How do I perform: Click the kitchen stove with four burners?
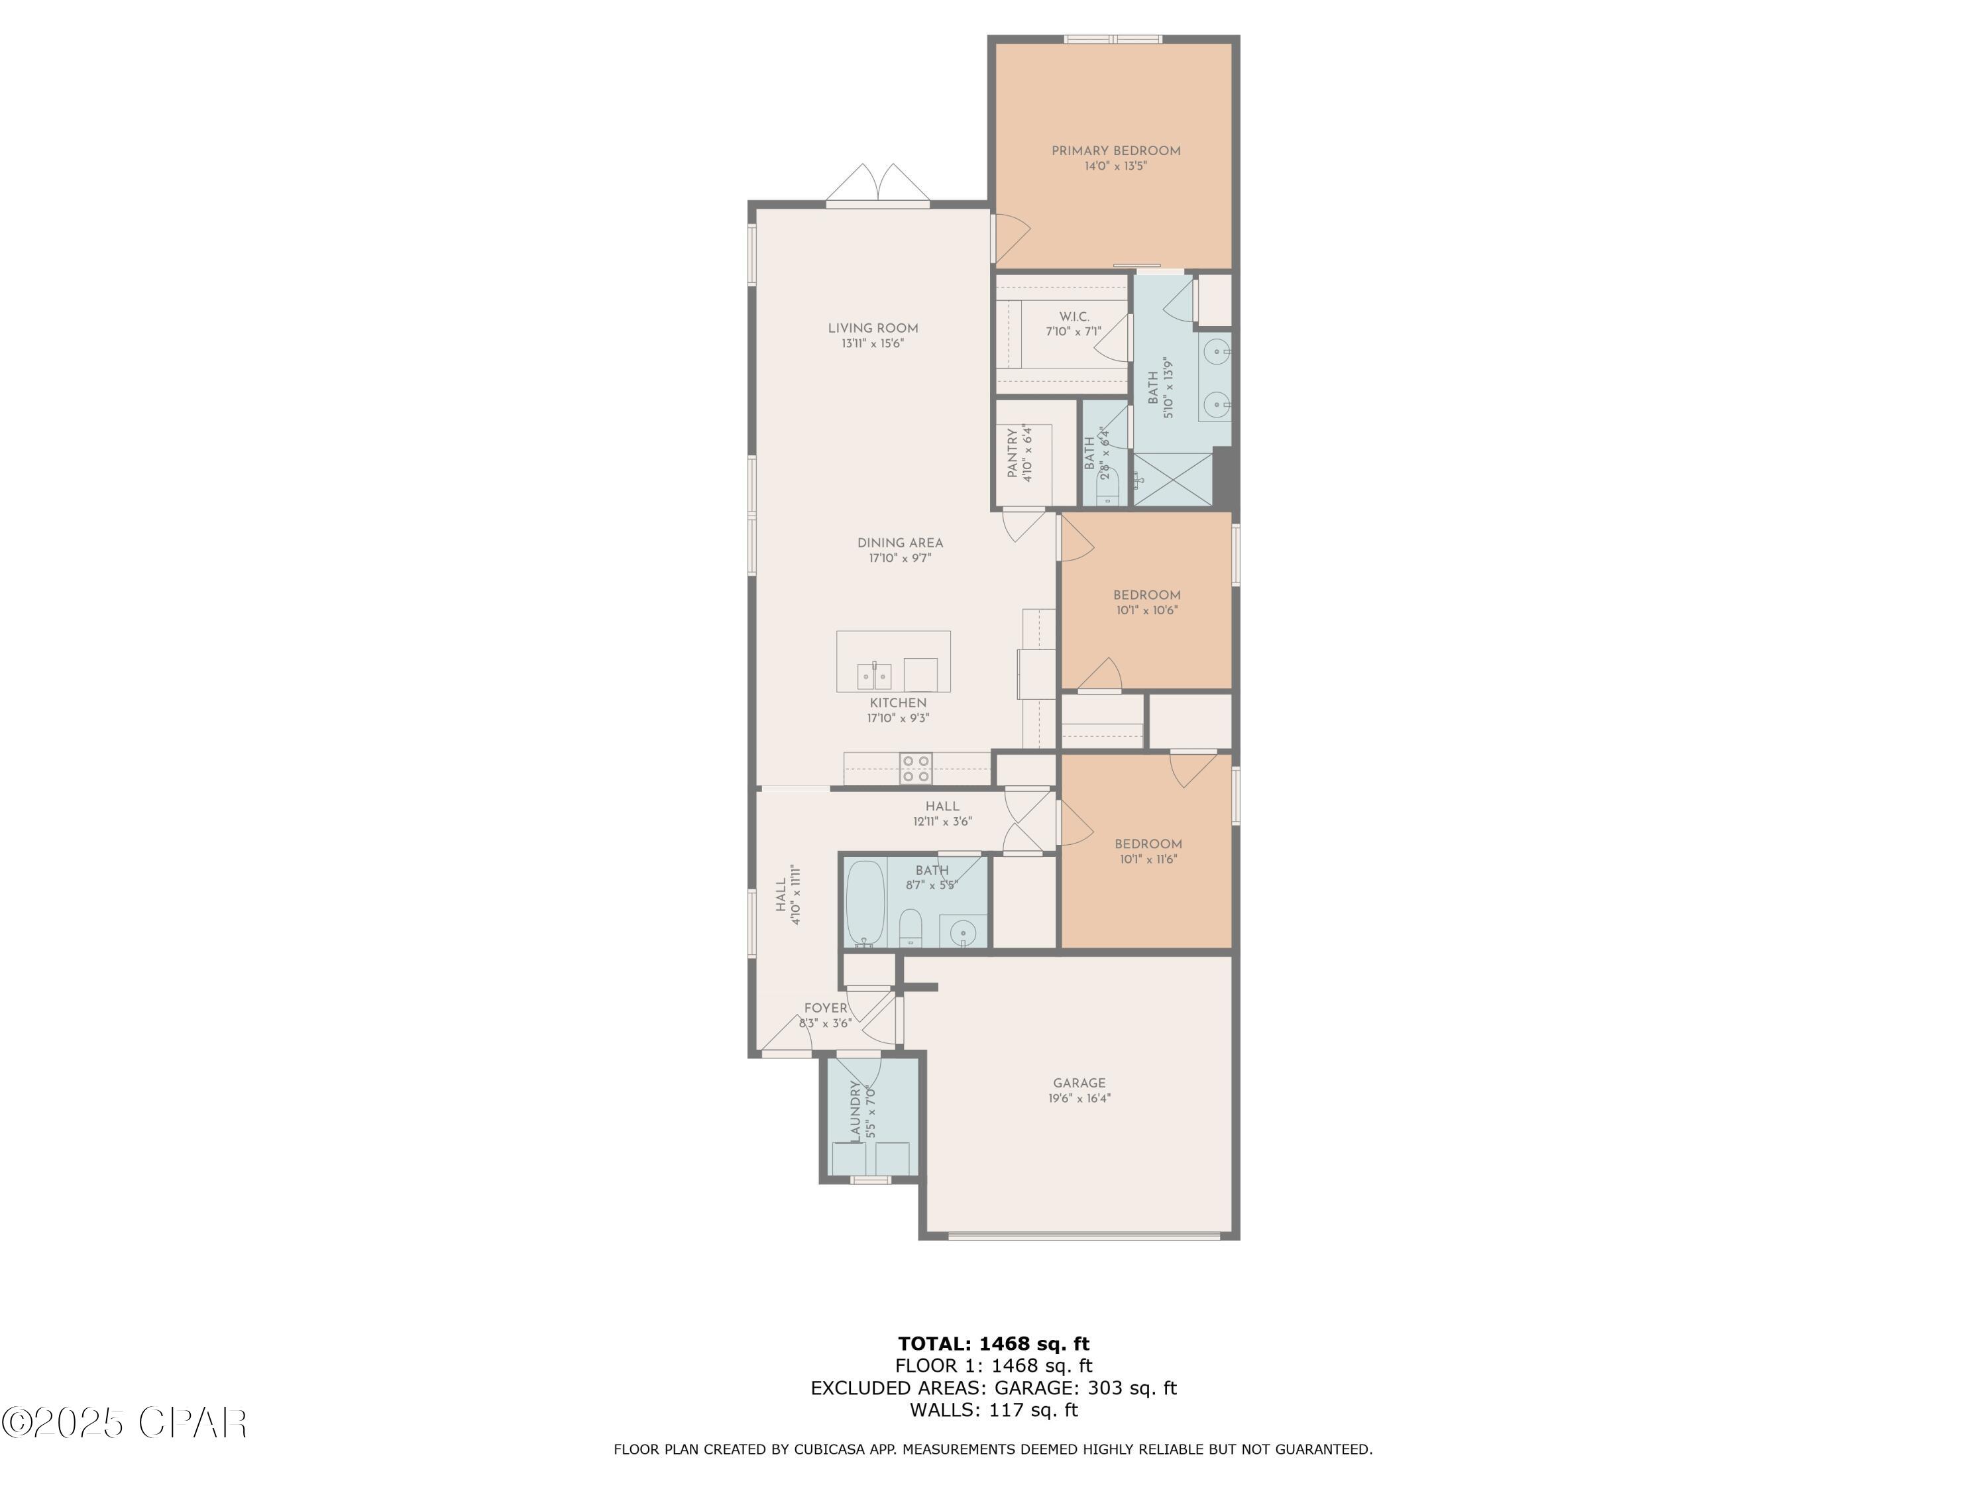[916, 769]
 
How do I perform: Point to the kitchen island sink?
[873, 674]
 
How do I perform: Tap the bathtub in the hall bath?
[866, 903]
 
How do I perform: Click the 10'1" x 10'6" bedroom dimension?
[1147, 610]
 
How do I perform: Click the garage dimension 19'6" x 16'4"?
[1079, 1098]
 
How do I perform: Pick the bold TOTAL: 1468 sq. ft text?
[993, 1344]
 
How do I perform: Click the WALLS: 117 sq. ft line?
[993, 1409]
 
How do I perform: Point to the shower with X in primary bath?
[1173, 479]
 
